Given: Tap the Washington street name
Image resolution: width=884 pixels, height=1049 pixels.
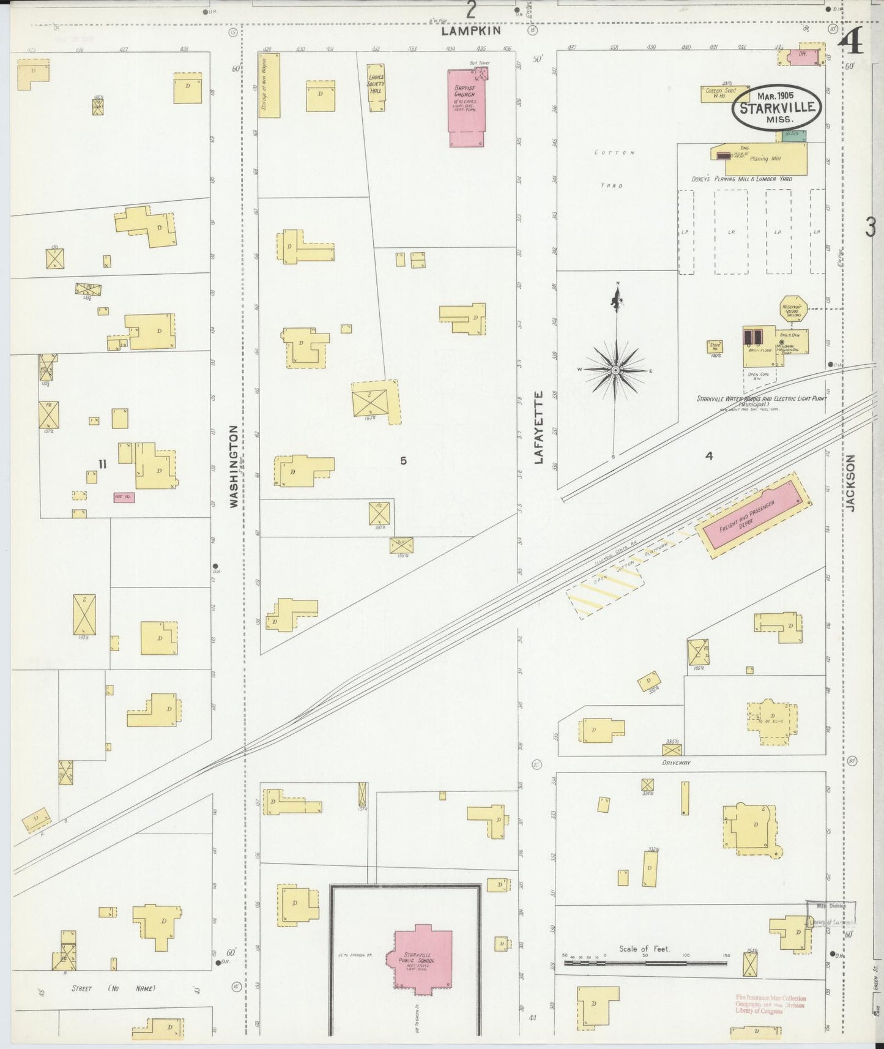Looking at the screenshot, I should [x=234, y=466].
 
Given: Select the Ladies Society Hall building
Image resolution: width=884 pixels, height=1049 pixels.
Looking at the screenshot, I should [x=376, y=88].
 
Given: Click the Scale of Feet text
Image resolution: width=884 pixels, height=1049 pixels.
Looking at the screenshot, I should [x=644, y=949].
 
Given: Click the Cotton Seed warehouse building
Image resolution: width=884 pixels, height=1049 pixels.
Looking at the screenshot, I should [x=725, y=94].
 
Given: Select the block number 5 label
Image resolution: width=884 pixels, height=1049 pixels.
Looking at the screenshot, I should [x=403, y=461].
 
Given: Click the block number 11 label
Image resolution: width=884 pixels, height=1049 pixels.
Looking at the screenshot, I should [x=102, y=464].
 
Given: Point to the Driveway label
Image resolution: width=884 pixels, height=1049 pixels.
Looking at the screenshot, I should [x=676, y=763].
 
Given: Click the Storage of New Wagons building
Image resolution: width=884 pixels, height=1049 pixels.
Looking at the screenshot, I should [x=269, y=85].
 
